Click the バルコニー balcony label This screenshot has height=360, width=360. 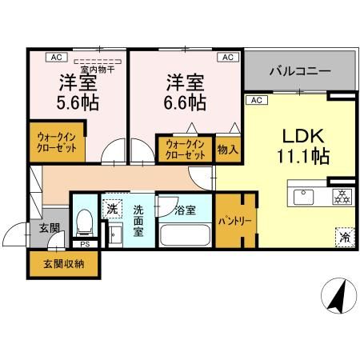tap(300, 71)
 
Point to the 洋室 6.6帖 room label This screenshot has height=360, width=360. tap(186, 93)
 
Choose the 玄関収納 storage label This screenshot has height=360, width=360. tap(64, 262)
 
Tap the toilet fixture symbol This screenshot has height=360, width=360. tap(84, 225)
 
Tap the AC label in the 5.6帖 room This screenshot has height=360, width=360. tap(58, 57)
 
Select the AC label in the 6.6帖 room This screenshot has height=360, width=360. tap(227, 57)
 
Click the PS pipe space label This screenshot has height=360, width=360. tap(84, 246)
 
